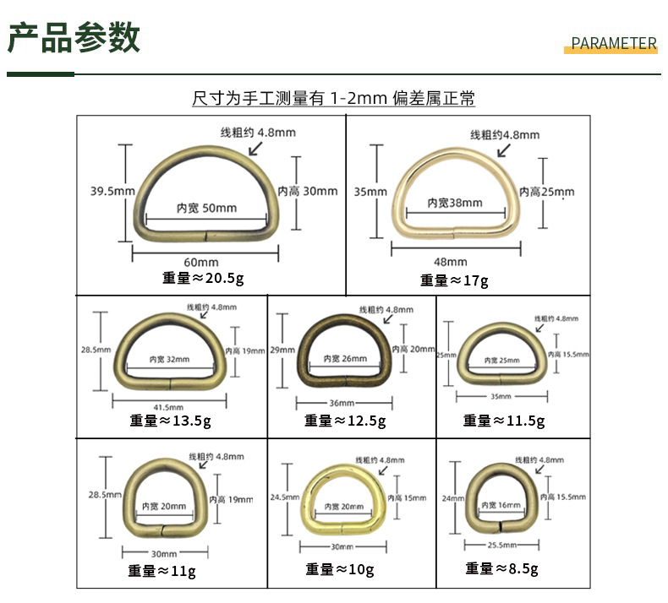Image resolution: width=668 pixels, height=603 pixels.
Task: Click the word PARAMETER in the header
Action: point(614,44)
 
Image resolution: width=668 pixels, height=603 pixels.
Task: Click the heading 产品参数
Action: point(74,38)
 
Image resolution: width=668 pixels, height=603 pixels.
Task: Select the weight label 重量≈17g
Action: point(454,280)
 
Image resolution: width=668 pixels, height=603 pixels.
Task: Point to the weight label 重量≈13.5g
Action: point(171,420)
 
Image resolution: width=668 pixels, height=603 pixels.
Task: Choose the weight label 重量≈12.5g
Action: point(345,420)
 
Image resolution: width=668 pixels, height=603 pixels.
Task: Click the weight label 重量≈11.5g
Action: point(504,420)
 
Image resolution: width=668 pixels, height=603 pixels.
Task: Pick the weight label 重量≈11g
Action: point(162,571)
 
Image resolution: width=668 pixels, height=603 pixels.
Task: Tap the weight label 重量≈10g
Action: point(340,569)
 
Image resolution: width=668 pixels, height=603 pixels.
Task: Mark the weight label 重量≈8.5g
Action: point(501,568)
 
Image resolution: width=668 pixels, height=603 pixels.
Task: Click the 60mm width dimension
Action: point(203,263)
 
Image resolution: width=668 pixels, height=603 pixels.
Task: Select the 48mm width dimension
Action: point(450,262)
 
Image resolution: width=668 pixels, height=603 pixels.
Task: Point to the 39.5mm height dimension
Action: point(112,191)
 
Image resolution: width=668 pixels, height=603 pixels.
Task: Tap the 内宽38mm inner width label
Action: point(454,203)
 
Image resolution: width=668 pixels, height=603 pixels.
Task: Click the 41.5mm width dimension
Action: point(171,406)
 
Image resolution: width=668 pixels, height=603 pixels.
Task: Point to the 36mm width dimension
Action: point(342,403)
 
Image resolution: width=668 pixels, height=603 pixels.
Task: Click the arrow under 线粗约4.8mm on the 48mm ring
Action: point(504,149)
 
